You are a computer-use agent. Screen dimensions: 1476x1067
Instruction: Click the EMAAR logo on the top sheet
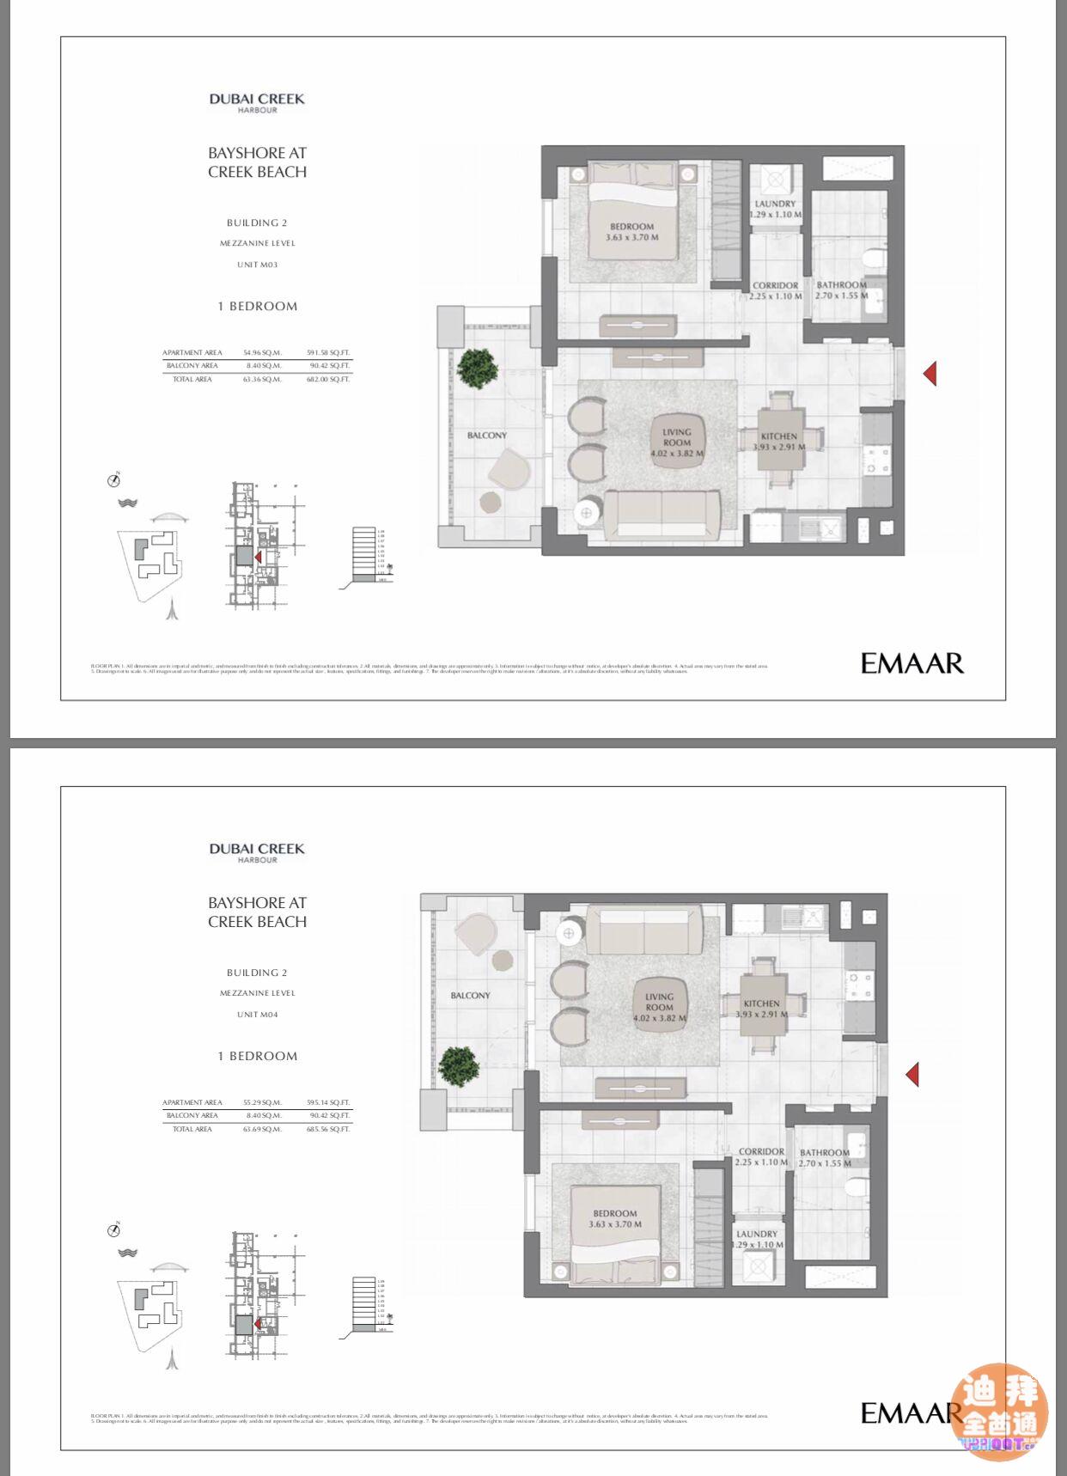tap(912, 663)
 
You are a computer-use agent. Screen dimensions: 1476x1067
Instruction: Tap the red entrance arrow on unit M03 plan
tap(930, 373)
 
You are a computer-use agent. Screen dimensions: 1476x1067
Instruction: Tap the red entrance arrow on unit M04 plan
tap(912, 1074)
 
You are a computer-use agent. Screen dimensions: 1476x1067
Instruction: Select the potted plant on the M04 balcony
tap(459, 1065)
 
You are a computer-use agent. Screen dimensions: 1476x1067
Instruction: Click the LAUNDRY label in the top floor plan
tap(775, 204)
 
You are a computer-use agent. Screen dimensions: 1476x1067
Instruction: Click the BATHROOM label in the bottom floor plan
tap(824, 1153)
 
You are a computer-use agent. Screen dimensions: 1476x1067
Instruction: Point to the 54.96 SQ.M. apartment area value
tap(262, 353)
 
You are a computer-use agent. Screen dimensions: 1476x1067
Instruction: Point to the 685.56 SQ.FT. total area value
tap(328, 1129)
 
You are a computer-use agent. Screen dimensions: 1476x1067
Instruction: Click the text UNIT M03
tap(257, 265)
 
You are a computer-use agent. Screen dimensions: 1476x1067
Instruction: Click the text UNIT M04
tap(257, 1015)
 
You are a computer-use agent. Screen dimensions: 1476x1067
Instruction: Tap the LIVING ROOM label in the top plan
tap(676, 438)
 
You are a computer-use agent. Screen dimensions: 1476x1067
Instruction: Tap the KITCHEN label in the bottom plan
tap(761, 1003)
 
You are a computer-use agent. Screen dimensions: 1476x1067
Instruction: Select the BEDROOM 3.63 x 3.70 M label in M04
tap(615, 1218)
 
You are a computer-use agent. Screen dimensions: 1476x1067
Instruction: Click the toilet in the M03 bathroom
tap(875, 258)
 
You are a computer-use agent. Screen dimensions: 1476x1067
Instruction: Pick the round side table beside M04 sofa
tap(569, 933)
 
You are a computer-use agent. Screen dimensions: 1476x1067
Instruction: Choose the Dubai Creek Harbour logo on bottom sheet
tap(257, 852)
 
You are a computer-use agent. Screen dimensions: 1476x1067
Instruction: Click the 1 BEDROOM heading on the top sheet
tap(257, 306)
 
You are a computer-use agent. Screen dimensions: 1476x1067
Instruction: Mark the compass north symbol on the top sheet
tap(114, 479)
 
